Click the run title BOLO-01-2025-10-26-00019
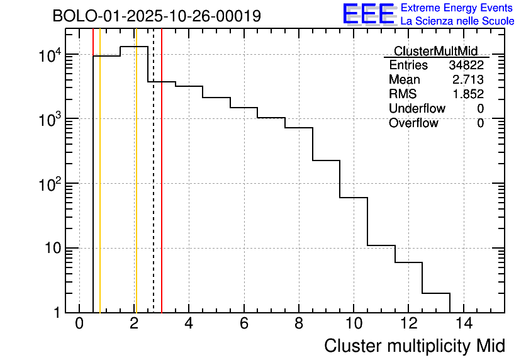[x=157, y=16]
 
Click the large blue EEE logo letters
[x=369, y=14]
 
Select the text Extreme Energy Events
[x=457, y=8]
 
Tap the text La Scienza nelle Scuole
[x=457, y=21]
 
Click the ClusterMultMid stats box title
[x=435, y=51]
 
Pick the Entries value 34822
[x=466, y=65]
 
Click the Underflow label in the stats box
[x=417, y=109]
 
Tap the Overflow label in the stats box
[x=413, y=123]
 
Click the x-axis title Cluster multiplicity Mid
[x=414, y=346]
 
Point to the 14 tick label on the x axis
[x=462, y=323]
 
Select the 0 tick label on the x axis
[x=79, y=323]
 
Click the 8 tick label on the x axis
[x=299, y=323]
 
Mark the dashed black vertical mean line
[x=154, y=189]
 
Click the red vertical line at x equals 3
[x=162, y=189]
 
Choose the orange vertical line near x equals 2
[x=135, y=189]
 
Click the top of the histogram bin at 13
[x=436, y=293]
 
